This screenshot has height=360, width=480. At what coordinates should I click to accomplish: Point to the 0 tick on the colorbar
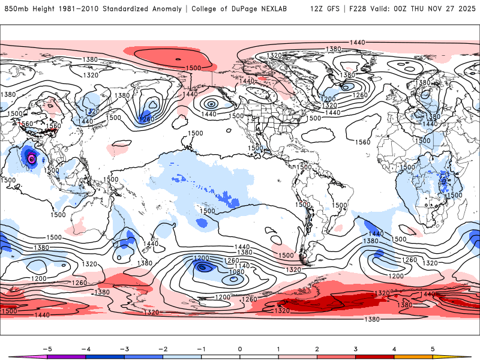coord(240,348)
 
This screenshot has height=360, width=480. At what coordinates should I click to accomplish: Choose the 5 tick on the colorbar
coord(433,348)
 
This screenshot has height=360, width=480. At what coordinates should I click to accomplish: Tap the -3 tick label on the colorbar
coord(124,348)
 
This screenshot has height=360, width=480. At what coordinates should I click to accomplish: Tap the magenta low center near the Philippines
coord(31,159)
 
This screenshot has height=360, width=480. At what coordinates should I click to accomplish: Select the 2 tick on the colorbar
coord(317,348)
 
